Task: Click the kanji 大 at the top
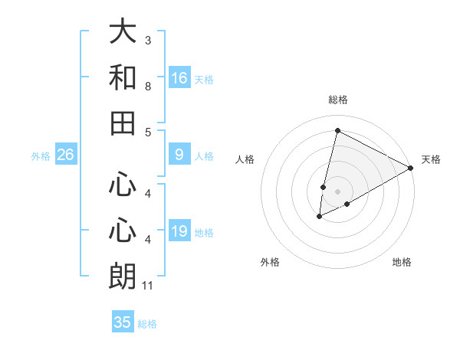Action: tap(123, 33)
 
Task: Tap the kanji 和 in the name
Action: tap(123, 78)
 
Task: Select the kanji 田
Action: tap(123, 123)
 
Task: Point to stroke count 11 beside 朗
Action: tap(148, 286)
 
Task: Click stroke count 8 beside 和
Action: tap(148, 87)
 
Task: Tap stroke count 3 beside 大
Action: tap(148, 40)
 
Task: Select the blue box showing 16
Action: tap(179, 78)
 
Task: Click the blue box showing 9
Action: tap(179, 155)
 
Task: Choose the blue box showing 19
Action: tap(179, 231)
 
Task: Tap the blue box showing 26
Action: tap(65, 155)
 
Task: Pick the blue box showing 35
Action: tap(123, 322)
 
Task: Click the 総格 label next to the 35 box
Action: tap(147, 324)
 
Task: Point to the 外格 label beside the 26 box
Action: tap(41, 156)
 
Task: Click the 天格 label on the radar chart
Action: tap(431, 159)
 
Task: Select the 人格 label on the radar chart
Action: tap(245, 159)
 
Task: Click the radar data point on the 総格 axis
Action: tap(337, 130)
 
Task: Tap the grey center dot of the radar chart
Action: tap(337, 191)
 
